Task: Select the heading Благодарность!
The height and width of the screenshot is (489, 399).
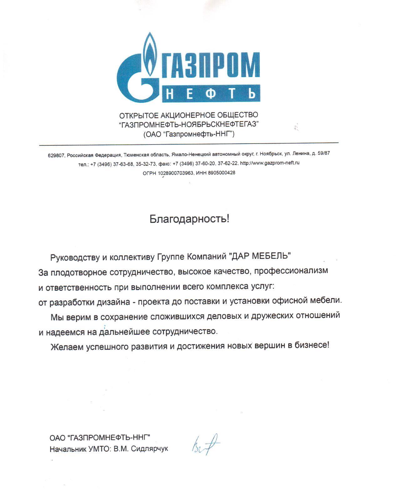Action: click(189, 219)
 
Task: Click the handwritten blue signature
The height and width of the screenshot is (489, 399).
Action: click(205, 444)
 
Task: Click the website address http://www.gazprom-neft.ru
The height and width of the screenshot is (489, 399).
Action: click(269, 163)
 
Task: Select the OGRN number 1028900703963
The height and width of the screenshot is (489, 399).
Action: click(176, 173)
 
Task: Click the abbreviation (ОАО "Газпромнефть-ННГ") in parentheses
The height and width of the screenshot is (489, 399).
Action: click(189, 134)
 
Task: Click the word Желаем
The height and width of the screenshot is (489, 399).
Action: click(66, 347)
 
